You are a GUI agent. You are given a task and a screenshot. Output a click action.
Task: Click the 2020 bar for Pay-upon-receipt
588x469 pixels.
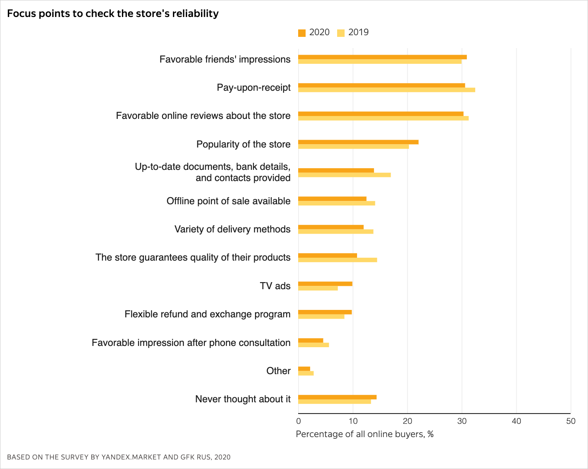[381, 85]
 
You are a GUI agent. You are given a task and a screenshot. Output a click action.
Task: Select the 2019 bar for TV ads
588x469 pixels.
[318, 288]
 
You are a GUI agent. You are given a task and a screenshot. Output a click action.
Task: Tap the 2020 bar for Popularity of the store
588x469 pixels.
[358, 142]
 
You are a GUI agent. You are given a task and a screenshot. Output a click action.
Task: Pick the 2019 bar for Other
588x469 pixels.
[306, 373]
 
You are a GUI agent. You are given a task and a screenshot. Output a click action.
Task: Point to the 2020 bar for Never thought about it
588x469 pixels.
[337, 397]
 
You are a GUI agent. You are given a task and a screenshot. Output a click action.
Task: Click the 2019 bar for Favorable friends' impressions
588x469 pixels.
[380, 62]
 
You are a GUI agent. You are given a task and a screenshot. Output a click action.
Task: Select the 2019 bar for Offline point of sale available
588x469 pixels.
[337, 203]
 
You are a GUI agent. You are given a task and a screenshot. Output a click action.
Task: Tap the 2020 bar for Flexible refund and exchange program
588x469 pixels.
[325, 312]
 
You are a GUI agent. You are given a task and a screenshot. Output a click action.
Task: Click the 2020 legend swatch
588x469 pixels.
[302, 33]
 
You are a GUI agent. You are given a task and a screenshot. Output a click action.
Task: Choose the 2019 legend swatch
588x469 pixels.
[341, 33]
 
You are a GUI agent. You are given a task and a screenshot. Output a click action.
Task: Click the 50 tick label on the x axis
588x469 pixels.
[571, 421]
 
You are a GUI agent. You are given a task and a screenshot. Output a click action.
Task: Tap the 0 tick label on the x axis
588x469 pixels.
[299, 421]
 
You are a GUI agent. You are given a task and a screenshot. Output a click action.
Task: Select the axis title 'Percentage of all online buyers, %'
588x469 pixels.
[364, 434]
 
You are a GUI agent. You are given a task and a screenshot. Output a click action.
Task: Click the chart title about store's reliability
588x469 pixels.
[113, 14]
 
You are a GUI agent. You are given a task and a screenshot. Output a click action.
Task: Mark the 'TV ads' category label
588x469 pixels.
[275, 286]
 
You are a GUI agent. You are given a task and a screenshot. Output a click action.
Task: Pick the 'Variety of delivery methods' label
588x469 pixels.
[232, 229]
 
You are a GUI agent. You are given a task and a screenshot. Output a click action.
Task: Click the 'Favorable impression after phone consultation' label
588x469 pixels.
[191, 343]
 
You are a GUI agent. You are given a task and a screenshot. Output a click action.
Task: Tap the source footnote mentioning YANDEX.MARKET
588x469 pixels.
[119, 457]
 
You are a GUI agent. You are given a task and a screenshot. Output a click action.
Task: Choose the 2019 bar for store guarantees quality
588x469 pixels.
[338, 260]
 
